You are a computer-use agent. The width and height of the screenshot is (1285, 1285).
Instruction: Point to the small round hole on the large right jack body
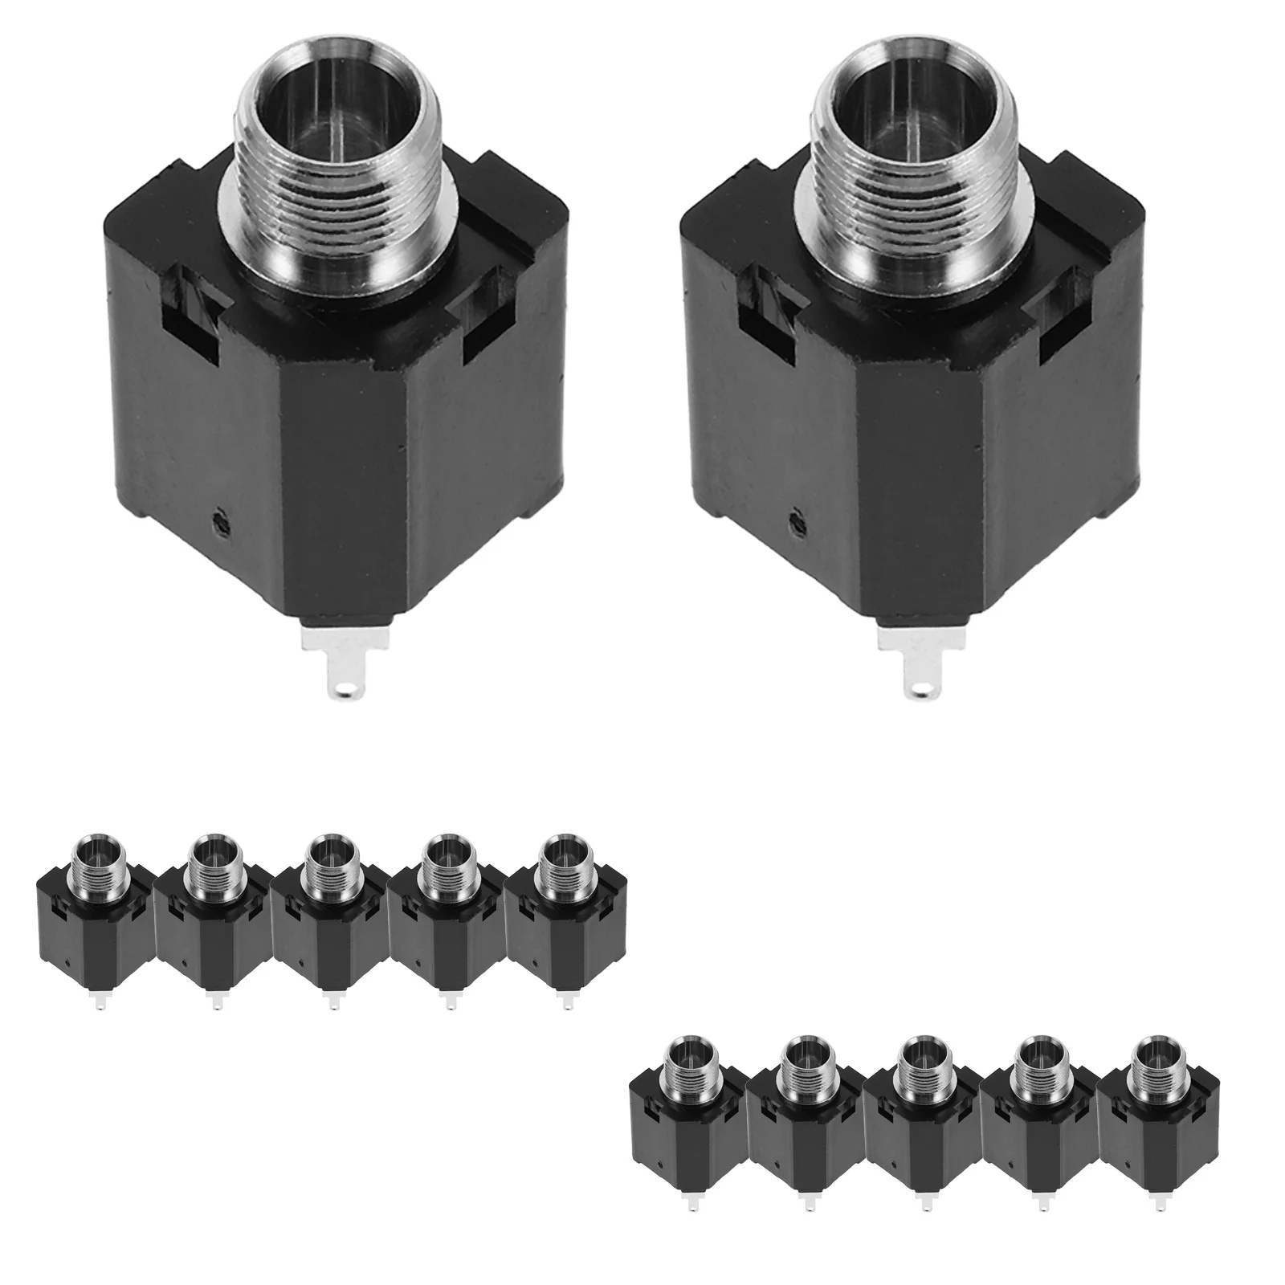pos(798,523)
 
